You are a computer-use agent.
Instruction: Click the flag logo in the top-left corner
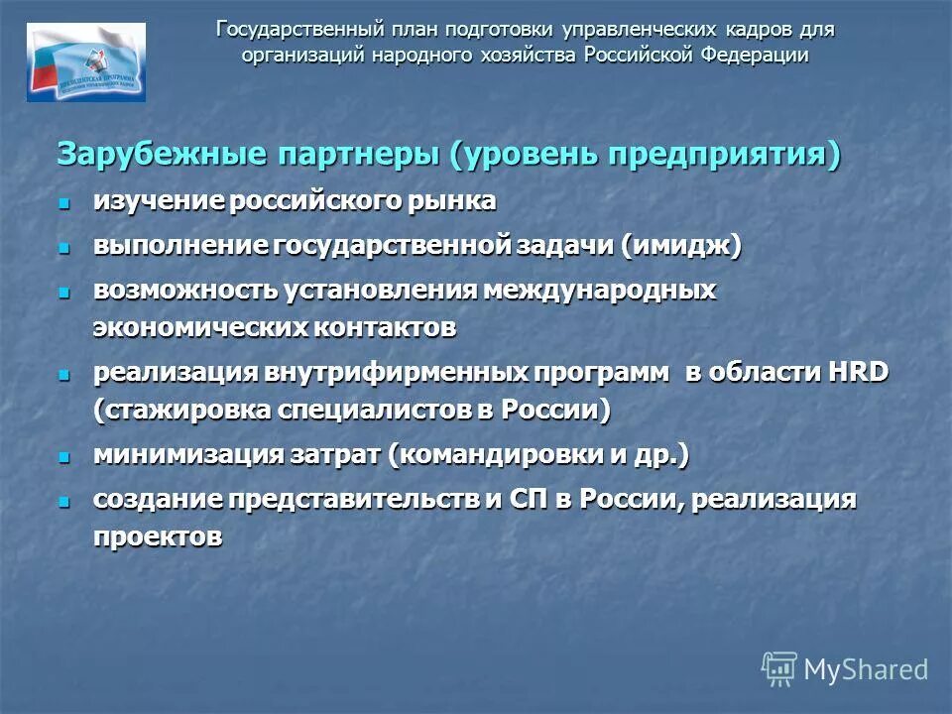(85, 61)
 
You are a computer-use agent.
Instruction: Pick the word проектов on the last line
(158, 535)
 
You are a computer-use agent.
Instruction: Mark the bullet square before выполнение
(65, 246)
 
